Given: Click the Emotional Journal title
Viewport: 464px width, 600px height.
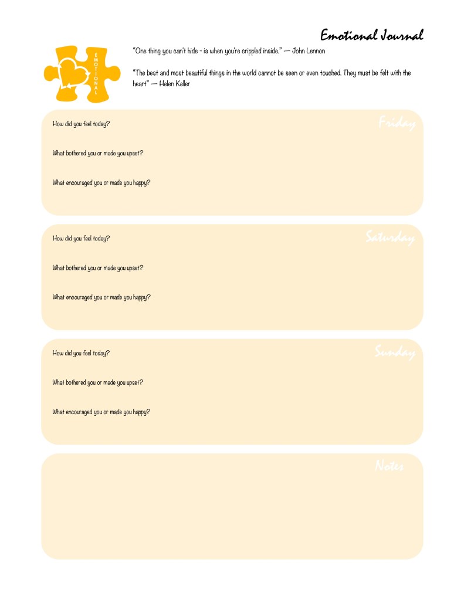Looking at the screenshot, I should (371, 35).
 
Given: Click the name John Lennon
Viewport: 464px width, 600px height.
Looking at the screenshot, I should (309, 51).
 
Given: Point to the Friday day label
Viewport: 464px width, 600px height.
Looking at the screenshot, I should (397, 123).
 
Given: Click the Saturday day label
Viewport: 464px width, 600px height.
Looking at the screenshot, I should (390, 238).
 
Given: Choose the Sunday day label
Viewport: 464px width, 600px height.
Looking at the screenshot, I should (395, 352).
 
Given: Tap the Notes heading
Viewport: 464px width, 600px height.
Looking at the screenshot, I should (389, 466).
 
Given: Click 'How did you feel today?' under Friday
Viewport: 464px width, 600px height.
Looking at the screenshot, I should (81, 124).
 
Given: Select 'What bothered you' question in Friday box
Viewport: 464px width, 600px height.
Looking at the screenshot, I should (98, 154).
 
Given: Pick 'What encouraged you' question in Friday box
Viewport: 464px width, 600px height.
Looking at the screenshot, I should (101, 183).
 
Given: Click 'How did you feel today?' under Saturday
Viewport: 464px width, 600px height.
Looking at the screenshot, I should (81, 239).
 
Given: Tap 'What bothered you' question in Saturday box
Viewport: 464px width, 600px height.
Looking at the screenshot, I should (98, 268).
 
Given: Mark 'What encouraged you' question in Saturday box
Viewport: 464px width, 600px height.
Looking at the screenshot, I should (101, 297).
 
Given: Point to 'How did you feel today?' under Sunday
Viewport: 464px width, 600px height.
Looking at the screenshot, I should (81, 353).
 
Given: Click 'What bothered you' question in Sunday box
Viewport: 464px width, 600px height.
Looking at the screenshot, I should (98, 382).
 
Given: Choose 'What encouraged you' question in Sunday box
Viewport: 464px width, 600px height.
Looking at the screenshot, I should (101, 412).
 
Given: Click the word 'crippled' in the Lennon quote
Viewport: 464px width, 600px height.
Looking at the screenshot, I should (242, 51).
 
